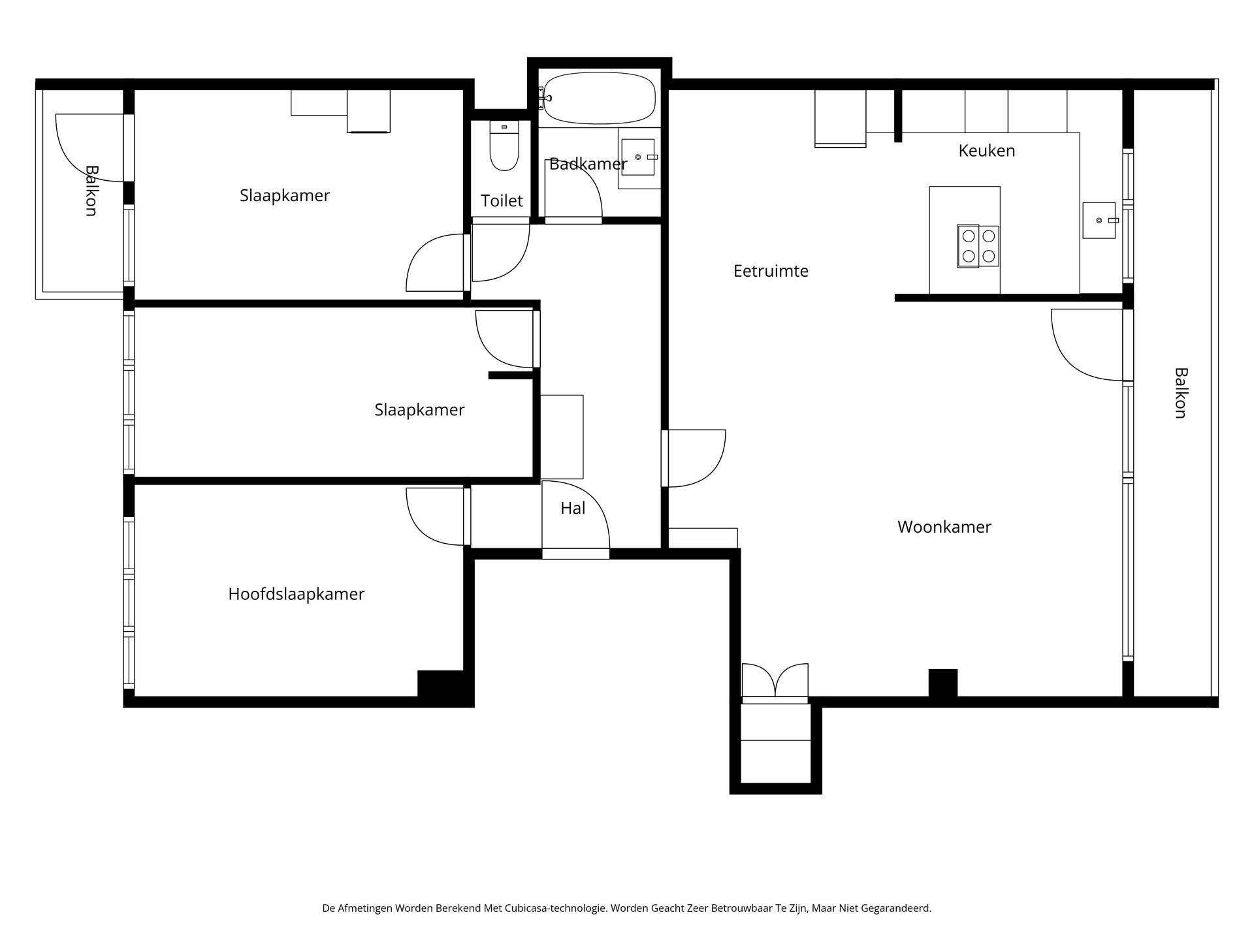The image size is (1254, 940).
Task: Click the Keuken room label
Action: coord(986,151)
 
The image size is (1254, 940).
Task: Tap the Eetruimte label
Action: coord(771,271)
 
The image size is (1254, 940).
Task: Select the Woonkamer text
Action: coord(944,527)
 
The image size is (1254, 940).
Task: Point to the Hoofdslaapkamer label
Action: coord(296,594)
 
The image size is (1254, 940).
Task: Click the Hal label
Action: coord(573,509)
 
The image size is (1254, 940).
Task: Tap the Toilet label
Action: coord(502,201)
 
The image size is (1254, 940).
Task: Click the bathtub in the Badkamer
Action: coord(599,98)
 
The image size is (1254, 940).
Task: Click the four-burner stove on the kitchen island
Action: coord(978,246)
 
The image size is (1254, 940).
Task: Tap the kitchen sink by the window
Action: coord(1099,221)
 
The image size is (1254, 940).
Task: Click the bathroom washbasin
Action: coord(637,157)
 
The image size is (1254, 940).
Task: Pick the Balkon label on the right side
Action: coord(1180,393)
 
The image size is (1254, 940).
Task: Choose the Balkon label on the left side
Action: coord(91,191)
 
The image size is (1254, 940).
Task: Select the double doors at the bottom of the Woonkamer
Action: coord(775,681)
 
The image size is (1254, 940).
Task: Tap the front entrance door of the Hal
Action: coord(575,519)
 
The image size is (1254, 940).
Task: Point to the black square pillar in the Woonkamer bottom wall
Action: coord(942,683)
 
